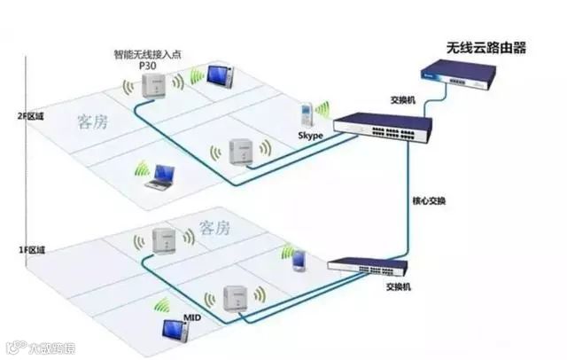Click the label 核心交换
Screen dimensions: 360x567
click(x=430, y=201)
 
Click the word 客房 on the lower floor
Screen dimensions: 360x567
click(x=214, y=229)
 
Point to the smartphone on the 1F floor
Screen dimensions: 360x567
click(x=297, y=258)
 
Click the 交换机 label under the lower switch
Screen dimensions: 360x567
click(x=396, y=287)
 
